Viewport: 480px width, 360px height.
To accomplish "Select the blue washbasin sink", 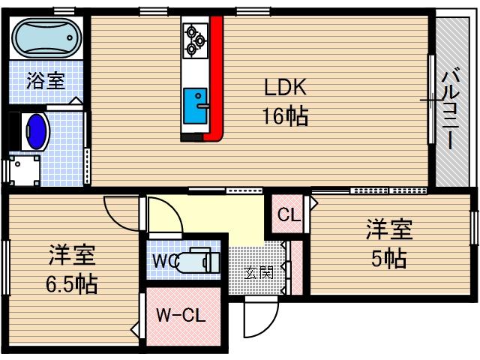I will pyautogui.click(x=36, y=130).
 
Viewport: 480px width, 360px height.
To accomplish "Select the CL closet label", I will pyautogui.click(x=289, y=215).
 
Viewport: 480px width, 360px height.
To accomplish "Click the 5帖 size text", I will pyautogui.click(x=389, y=259).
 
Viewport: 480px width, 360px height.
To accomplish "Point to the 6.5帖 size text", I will pyautogui.click(x=70, y=285).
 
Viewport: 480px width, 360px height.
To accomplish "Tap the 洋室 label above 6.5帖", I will pyautogui.click(x=72, y=255).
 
